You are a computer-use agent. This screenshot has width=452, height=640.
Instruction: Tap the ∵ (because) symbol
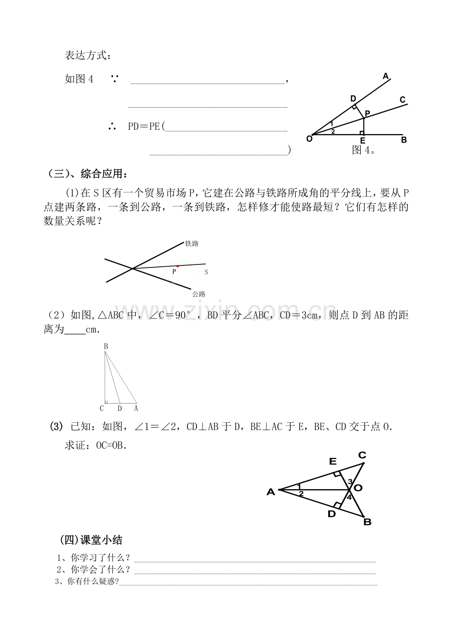(x=115, y=79)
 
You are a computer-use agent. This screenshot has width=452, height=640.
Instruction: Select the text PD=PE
(x=144, y=126)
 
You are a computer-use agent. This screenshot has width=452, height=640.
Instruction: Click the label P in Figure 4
(x=367, y=114)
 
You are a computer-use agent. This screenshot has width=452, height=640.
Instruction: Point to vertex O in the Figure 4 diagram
(x=309, y=139)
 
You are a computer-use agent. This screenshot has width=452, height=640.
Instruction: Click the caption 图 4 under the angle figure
(x=364, y=150)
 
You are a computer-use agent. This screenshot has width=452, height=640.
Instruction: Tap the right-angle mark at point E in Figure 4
(x=362, y=133)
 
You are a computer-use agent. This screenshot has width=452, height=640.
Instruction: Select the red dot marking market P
(x=177, y=266)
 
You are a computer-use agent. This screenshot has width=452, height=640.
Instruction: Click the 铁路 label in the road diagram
(x=192, y=244)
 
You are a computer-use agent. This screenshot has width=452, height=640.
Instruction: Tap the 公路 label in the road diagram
(x=198, y=294)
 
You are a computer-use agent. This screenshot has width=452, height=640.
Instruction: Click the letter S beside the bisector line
(x=206, y=272)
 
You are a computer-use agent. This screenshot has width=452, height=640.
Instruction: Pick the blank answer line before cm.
(x=75, y=334)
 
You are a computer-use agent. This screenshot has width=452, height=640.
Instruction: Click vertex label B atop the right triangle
(x=106, y=347)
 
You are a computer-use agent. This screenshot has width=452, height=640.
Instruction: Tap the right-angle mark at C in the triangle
(x=106, y=402)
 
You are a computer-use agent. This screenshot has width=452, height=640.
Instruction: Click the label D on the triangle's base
(x=120, y=408)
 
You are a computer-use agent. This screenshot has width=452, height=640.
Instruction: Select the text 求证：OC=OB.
(x=96, y=445)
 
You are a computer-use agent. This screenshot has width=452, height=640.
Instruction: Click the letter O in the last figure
(x=358, y=488)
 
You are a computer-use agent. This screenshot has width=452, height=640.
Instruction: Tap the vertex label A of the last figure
(x=271, y=492)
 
